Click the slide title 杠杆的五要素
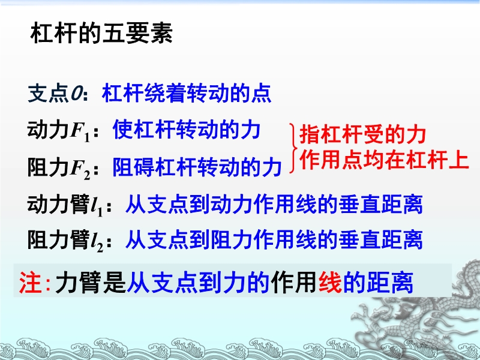click(x=101, y=32)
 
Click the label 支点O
click(x=55, y=93)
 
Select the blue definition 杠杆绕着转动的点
click(x=187, y=93)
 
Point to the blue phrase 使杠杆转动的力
click(x=187, y=130)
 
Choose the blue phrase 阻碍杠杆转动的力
click(x=197, y=167)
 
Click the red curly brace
click(x=293, y=148)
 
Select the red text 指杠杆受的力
click(x=363, y=134)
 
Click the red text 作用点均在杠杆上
click(x=385, y=160)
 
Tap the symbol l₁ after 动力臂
click(x=97, y=206)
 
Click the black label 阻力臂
click(x=58, y=239)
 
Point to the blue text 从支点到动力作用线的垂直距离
click(x=274, y=204)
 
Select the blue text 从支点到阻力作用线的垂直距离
click(x=274, y=239)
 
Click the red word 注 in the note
click(x=31, y=283)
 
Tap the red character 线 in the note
click(x=331, y=282)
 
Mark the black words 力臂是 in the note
click(x=91, y=282)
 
